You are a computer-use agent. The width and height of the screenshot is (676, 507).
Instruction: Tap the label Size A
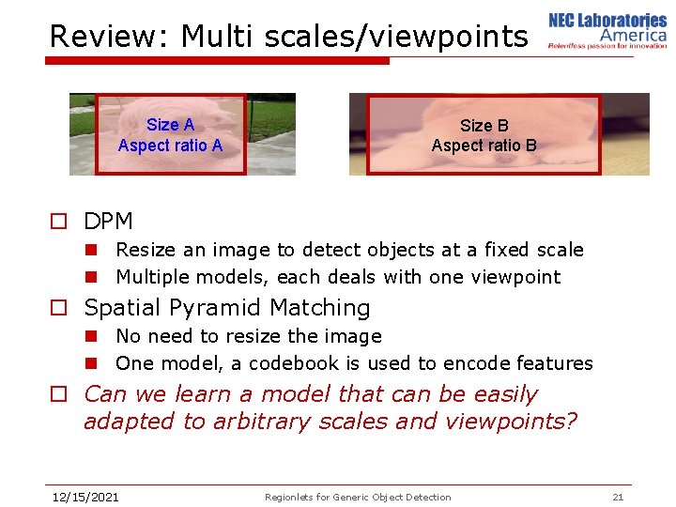[170, 125]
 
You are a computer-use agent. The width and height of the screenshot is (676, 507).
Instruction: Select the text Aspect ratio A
[170, 146]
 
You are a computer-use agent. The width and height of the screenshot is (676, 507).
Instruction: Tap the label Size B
[484, 125]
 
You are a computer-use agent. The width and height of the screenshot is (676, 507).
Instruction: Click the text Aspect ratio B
[484, 146]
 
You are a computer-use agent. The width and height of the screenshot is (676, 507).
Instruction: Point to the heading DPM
[108, 222]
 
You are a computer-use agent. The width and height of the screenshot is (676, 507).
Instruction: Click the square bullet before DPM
[58, 223]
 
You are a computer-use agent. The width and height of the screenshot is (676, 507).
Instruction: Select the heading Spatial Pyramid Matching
[227, 308]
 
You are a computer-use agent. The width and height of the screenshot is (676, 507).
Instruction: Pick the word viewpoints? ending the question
[509, 422]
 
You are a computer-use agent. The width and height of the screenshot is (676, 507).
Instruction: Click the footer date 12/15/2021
[84, 497]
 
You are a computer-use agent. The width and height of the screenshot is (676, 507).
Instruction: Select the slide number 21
[617, 497]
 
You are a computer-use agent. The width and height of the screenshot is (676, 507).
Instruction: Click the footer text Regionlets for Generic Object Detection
[358, 497]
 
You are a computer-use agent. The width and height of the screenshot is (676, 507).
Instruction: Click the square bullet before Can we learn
[58, 395]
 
